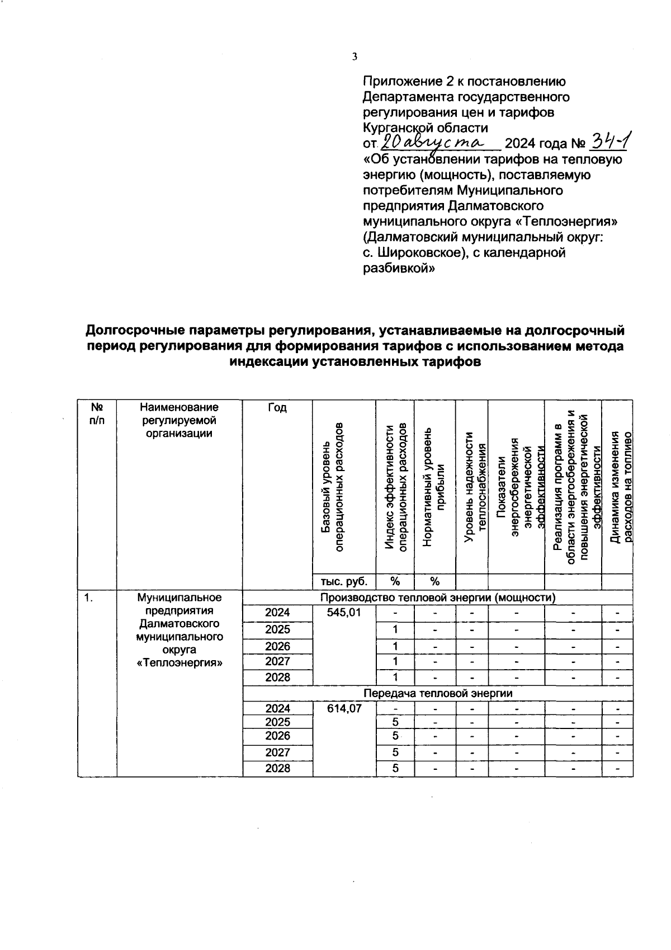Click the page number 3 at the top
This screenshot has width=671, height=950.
355,57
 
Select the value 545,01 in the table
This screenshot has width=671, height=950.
344,613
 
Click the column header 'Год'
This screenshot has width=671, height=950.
277,408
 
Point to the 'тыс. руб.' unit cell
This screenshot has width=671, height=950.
344,581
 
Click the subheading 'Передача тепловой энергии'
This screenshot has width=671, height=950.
438,693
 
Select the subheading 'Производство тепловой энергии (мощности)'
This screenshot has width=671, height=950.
438,598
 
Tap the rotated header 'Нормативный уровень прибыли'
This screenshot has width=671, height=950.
434,487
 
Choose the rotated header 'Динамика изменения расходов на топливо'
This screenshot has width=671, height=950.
620,487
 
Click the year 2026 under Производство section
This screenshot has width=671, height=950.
277,646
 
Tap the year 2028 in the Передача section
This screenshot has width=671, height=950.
277,768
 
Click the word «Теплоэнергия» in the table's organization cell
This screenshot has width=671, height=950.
179,663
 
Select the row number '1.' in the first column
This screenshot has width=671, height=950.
88,598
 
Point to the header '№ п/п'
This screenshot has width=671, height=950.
97,413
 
